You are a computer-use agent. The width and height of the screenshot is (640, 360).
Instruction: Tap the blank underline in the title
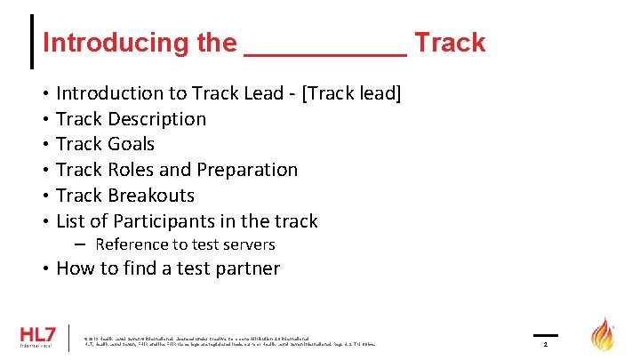coord(324,52)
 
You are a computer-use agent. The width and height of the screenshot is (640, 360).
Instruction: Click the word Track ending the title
coord(450,43)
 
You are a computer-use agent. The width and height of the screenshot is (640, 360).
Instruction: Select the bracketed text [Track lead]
coord(351,93)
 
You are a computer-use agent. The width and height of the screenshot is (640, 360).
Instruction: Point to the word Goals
coord(131,144)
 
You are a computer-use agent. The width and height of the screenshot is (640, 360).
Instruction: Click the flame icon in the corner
coord(603,335)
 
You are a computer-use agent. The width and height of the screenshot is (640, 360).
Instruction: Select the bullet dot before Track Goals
coord(44,145)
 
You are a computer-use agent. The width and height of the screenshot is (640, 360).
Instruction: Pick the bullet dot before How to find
coord(44,269)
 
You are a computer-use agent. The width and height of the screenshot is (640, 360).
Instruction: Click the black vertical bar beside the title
coord(33,42)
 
